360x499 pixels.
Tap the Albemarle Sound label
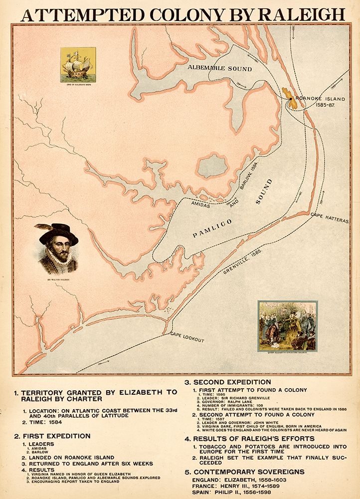[220, 68]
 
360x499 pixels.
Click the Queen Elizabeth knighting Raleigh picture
[287, 325]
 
